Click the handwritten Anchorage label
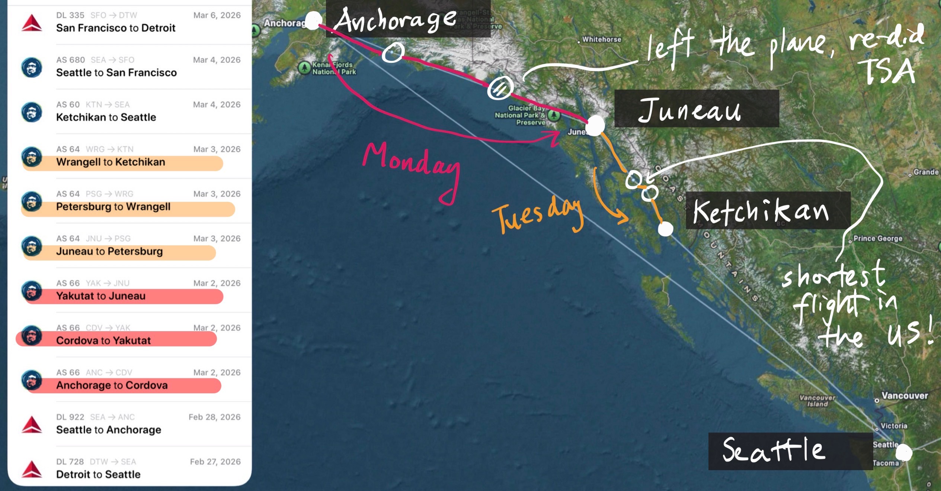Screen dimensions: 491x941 (x=394, y=20)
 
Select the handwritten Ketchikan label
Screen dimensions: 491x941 (x=761, y=211)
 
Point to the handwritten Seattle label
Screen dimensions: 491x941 (x=774, y=450)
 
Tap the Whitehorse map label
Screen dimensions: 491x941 (x=601, y=39)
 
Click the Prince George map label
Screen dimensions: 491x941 (x=877, y=239)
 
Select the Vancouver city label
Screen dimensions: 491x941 (x=904, y=396)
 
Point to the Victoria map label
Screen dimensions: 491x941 (x=893, y=426)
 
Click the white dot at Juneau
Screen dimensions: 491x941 (x=595, y=125)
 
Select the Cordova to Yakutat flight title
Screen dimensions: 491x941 (x=103, y=340)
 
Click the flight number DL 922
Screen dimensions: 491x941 (x=70, y=417)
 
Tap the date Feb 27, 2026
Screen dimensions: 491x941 (x=215, y=462)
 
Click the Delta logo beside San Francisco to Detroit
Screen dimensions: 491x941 (x=32, y=23)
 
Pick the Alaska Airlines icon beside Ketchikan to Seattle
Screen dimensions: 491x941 (x=32, y=112)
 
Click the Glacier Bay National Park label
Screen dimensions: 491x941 (x=521, y=115)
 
